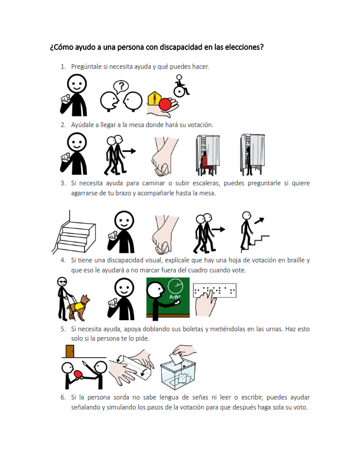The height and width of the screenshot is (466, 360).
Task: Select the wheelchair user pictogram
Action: [180, 87]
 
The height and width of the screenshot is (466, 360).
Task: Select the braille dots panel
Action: [215, 290]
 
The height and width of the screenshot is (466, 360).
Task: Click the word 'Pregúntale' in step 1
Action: [86, 66]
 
